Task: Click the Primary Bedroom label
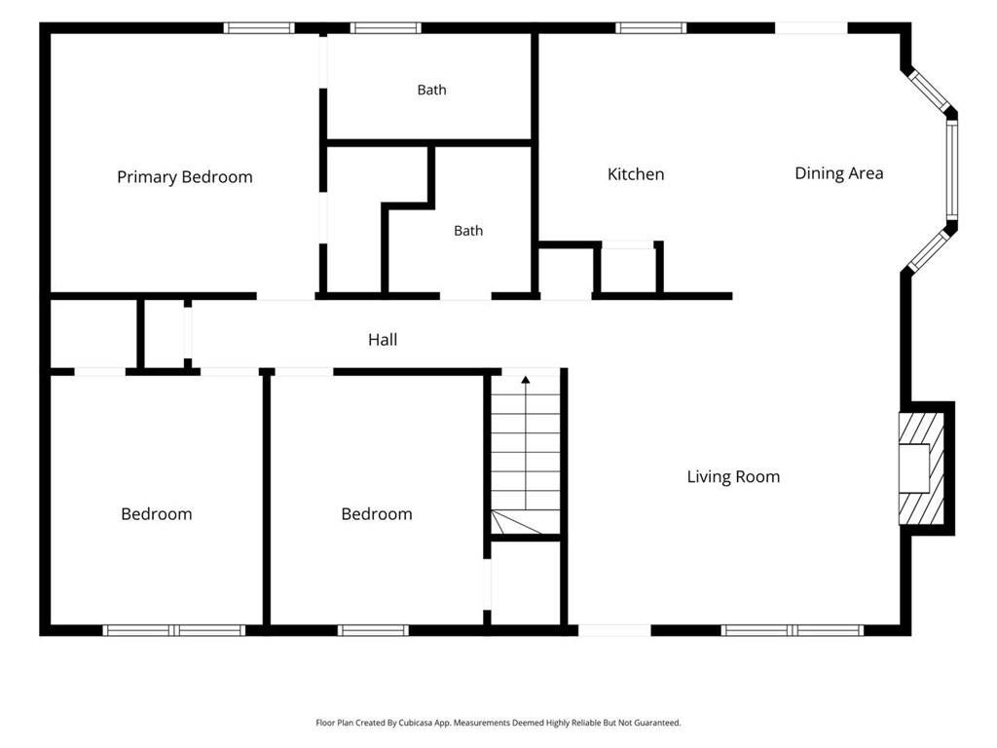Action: (x=184, y=177)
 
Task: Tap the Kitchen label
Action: (x=636, y=174)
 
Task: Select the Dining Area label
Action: (x=838, y=173)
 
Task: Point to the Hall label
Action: (x=383, y=340)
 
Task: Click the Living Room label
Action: (x=733, y=477)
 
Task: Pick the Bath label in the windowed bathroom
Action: (x=431, y=90)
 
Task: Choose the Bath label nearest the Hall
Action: (x=468, y=230)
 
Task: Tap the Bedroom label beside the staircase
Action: (x=377, y=514)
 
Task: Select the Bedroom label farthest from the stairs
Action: (x=157, y=514)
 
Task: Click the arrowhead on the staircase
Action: (x=525, y=380)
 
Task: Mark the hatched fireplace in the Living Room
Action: (x=921, y=468)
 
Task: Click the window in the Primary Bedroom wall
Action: (x=259, y=28)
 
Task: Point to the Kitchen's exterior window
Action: (x=651, y=28)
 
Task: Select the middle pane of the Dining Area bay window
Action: (x=951, y=169)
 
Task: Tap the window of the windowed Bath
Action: (x=386, y=28)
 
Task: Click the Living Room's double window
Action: (x=793, y=630)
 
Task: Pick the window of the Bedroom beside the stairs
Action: (x=373, y=630)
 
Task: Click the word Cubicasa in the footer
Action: (x=418, y=723)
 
